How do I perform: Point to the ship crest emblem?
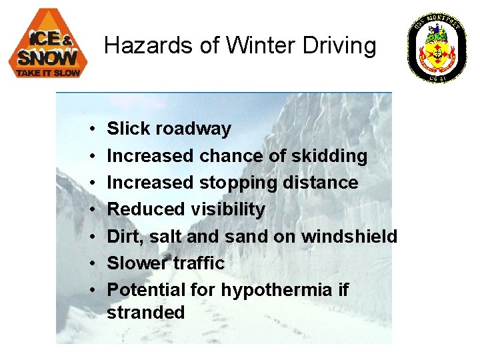[437, 47]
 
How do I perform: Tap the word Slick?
[129, 129]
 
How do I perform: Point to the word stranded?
[146, 313]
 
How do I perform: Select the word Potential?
[147, 290]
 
